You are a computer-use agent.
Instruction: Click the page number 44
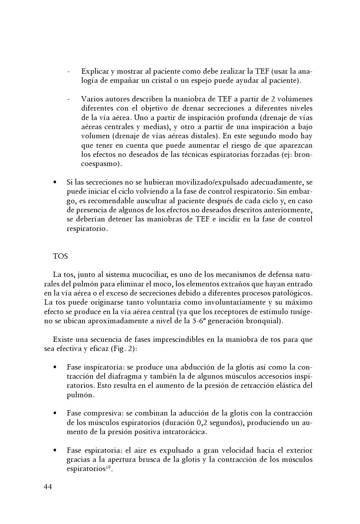click(x=48, y=487)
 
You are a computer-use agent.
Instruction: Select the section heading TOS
click(x=60, y=256)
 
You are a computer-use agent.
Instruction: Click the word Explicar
click(x=95, y=71)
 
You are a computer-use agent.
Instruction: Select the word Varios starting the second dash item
click(x=92, y=99)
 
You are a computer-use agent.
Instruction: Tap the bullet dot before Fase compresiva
click(x=55, y=413)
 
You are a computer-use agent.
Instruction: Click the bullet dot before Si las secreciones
click(x=55, y=183)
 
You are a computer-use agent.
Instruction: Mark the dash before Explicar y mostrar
click(x=69, y=72)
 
